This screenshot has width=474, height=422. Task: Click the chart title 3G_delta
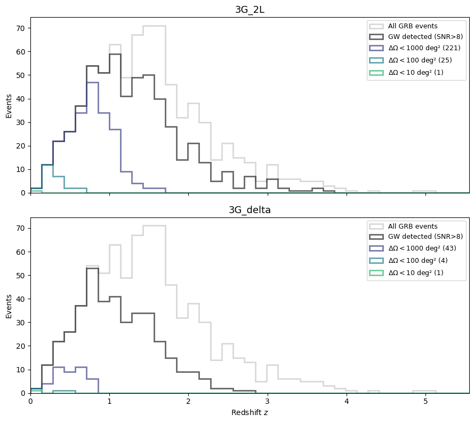coord(250,210)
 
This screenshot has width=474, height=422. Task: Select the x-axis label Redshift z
coord(250,413)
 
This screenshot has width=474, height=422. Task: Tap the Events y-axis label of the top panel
coord(9,105)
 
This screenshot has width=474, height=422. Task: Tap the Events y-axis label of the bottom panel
coord(9,306)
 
